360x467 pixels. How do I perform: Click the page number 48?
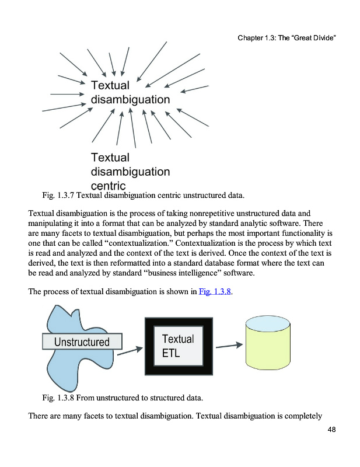331,430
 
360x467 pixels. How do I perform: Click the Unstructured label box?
82,341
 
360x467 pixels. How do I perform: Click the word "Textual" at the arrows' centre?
110,85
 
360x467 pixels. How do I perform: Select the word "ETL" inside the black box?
171,353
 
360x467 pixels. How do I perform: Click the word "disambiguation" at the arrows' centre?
130,99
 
